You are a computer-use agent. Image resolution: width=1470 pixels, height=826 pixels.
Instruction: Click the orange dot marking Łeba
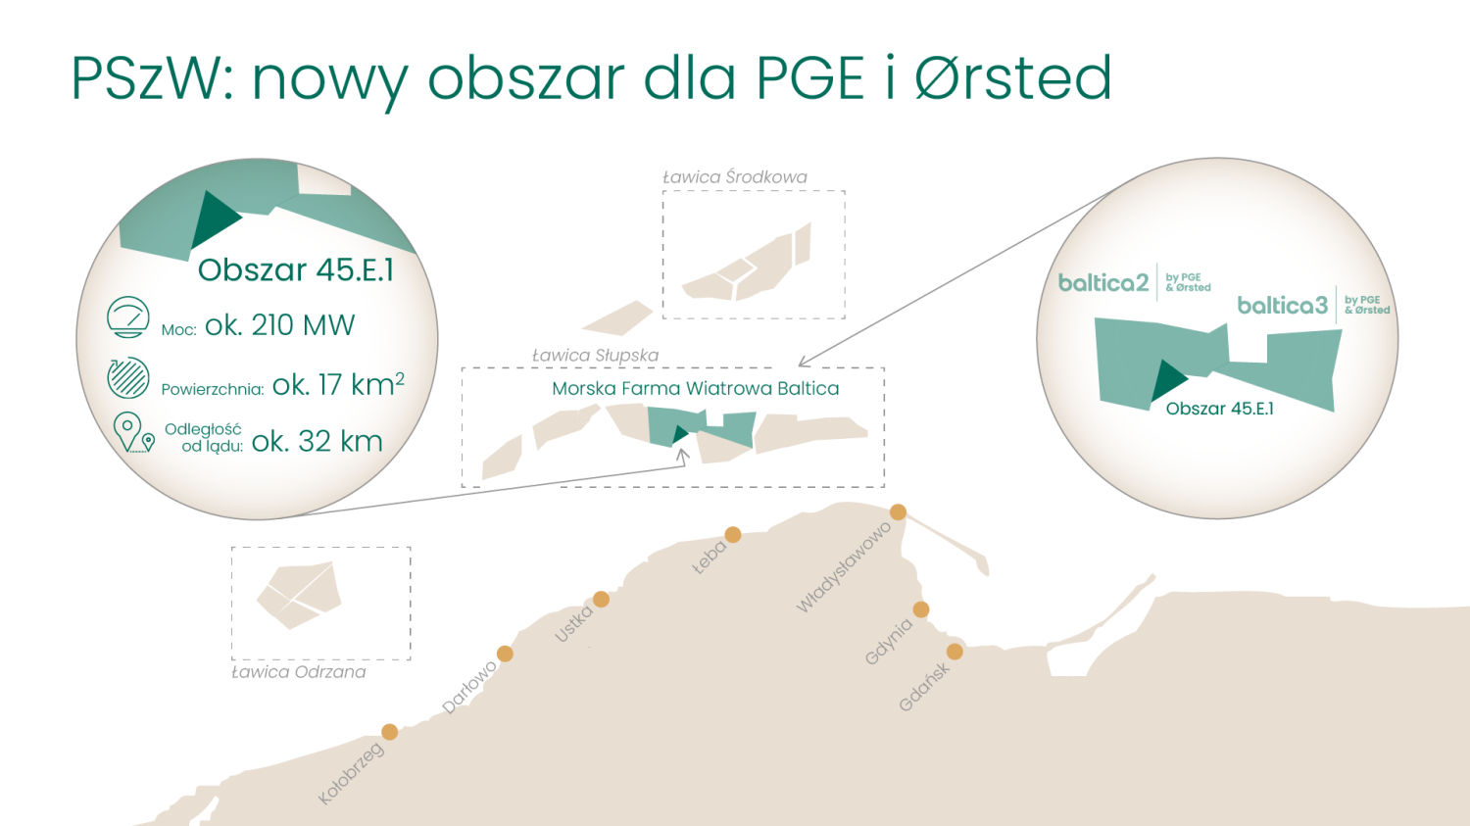(732, 535)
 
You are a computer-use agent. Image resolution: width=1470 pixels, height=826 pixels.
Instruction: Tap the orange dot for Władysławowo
(898, 511)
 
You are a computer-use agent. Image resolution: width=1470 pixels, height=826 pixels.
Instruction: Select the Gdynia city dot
(921, 609)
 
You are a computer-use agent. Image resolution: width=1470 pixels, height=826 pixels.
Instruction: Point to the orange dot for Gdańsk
(955, 652)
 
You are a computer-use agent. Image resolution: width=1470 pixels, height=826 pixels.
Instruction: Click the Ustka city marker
(601, 599)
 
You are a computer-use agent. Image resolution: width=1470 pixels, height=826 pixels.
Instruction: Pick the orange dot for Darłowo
(505, 654)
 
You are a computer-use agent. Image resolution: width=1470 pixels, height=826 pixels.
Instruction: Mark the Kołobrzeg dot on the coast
(389, 732)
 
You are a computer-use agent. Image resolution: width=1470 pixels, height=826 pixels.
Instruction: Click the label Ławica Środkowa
(734, 177)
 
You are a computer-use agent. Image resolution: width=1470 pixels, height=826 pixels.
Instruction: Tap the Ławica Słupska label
(595, 356)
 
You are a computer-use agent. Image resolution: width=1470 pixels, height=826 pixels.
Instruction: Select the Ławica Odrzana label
(299, 672)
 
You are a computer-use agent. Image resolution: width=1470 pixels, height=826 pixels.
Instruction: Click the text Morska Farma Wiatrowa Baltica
(695, 388)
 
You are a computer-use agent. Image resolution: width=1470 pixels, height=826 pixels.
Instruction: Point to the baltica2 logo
(1135, 283)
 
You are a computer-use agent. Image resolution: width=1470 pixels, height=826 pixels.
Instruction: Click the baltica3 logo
(1314, 305)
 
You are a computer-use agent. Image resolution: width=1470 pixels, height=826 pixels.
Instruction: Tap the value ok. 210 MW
(279, 325)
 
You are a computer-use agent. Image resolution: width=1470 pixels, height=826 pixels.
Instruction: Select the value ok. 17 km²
(338, 384)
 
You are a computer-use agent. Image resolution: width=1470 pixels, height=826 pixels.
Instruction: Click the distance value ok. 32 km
(317, 442)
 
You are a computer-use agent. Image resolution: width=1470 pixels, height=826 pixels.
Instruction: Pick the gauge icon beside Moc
(128, 317)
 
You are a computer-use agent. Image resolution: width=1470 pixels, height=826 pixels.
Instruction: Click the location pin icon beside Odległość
(134, 432)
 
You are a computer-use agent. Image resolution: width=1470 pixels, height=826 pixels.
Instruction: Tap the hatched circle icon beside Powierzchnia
(128, 377)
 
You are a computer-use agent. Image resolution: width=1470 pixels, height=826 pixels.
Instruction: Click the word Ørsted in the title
(1013, 78)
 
